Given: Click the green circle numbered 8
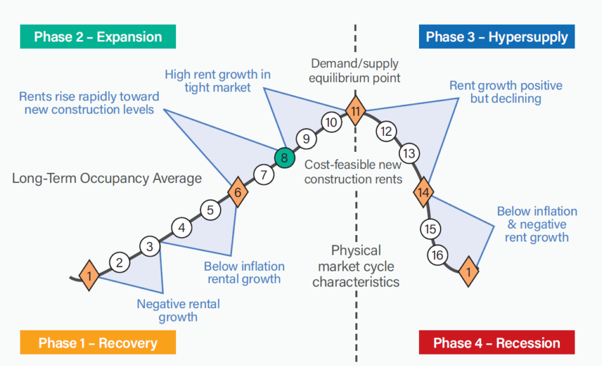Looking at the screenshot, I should [285, 157].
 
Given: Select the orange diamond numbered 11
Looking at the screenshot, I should [355, 112].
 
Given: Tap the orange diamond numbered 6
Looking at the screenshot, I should [237, 192].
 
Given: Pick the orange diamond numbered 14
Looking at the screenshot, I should [424, 191].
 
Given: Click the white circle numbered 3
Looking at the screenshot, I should [150, 247].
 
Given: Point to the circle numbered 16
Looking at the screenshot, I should [437, 255].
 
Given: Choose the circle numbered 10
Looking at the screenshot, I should [331, 122].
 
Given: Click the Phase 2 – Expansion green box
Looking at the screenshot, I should [98, 37].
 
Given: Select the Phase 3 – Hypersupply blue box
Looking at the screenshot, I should [496, 37].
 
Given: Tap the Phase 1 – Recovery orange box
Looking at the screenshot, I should [98, 342].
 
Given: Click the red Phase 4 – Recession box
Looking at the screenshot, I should [496, 343].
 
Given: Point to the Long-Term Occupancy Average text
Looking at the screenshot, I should [107, 178].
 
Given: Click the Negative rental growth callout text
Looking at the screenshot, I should [178, 310].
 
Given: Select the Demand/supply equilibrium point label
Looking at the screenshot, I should [355, 71].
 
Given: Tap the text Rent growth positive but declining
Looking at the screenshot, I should [505, 92].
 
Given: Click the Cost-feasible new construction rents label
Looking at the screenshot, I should [353, 172].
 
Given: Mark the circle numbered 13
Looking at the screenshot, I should [410, 153].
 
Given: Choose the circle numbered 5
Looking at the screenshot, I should [210, 209].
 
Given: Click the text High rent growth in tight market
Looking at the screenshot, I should [217, 81].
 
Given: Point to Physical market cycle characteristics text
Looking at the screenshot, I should [356, 266].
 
